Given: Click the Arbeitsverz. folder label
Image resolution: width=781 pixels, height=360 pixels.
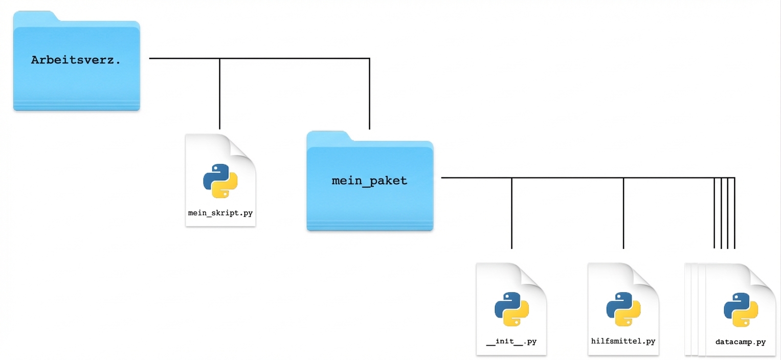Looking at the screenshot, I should (76, 60).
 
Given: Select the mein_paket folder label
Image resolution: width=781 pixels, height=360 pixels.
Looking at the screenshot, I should (369, 181).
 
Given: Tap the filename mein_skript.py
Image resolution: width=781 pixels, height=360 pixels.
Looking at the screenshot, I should (220, 212).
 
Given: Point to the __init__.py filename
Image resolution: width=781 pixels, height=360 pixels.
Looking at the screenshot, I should (511, 341).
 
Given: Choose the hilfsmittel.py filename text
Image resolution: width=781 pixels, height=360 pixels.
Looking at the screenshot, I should (623, 341).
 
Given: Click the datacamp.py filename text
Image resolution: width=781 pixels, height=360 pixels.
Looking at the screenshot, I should (741, 342).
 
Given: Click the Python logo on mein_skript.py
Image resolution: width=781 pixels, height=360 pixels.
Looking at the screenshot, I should (220, 181).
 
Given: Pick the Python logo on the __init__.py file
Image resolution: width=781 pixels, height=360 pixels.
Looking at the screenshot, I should (511, 309).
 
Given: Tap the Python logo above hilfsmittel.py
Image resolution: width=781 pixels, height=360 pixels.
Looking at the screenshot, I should (623, 309).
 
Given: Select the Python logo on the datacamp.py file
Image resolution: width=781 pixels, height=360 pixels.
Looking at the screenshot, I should (741, 310).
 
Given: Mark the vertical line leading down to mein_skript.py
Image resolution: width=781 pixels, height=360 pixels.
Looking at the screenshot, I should (219, 95).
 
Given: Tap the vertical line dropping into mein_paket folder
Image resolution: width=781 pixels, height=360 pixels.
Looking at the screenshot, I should (369, 95).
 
